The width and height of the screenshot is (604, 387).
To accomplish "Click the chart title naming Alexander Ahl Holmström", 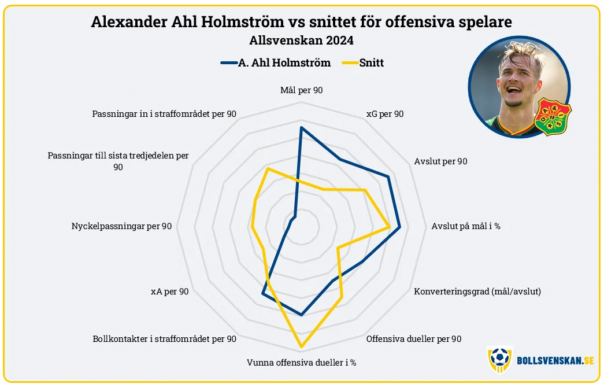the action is pos(301,22).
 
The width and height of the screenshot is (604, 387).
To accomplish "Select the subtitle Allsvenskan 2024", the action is pos(301,40).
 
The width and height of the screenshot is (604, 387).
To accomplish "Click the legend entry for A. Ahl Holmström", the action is pos(276,63).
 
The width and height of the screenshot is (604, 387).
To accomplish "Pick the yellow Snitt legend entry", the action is pos(363,63).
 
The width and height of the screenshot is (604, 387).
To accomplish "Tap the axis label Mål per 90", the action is pos(302,90).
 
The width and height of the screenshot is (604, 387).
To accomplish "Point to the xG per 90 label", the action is pos(385,114).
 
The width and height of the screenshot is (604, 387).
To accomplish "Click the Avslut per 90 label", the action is pos(440,161).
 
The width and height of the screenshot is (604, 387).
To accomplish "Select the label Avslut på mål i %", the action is pos(466,226).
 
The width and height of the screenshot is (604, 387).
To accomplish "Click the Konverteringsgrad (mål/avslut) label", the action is pos(477,292).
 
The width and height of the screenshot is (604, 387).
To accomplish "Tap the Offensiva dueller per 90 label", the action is pos(414,339).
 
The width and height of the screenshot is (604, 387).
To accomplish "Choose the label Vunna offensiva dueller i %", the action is pos(302,363).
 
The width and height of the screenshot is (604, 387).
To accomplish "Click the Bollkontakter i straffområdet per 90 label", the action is pos(165,339).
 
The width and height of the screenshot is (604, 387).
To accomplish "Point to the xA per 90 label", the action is pos(170,292).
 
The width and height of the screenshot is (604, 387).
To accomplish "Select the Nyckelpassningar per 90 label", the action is pos(122,226).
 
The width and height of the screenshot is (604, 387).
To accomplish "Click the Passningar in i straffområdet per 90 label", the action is pos(164,114).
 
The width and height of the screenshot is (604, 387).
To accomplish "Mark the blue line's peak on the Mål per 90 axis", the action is pos(302,127).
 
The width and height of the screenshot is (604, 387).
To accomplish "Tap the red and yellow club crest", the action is pos(553,116).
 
